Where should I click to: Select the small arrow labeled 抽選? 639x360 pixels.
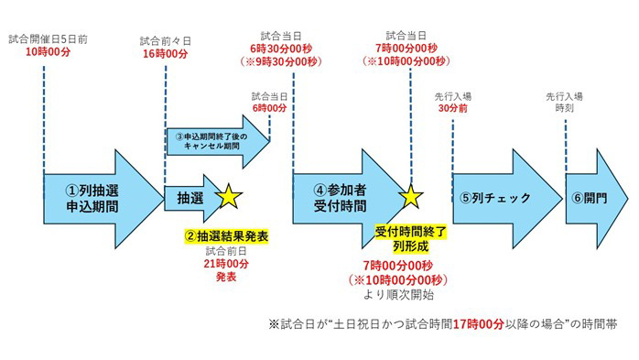pyautogui.click(x=191, y=199)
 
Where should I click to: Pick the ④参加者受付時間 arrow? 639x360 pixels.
pyautogui.click(x=346, y=199)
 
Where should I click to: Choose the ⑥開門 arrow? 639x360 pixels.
pyautogui.click(x=595, y=199)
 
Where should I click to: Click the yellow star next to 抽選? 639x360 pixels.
pyautogui.click(x=229, y=197)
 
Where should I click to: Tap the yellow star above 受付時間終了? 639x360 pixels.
pyautogui.click(x=410, y=197)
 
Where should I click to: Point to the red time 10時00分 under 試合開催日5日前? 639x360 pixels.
pyautogui.click(x=49, y=52)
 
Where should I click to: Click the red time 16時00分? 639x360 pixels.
pyautogui.click(x=165, y=54)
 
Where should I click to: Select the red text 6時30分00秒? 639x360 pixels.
pyautogui.click(x=281, y=49)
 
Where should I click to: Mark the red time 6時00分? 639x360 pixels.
pyautogui.click(x=269, y=108)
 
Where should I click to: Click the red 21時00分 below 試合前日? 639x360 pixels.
pyautogui.click(x=226, y=264)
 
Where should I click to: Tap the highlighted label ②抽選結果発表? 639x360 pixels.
pyautogui.click(x=227, y=236)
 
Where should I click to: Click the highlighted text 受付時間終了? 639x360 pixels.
pyautogui.click(x=411, y=232)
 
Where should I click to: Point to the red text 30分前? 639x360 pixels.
pyautogui.click(x=453, y=108)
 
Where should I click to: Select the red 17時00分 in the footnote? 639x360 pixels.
pyautogui.click(x=479, y=324)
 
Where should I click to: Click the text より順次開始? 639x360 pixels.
pyautogui.click(x=398, y=294)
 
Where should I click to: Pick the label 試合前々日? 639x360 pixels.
pyautogui.click(x=165, y=41)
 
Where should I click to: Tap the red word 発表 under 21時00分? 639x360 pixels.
pyautogui.click(x=226, y=277)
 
